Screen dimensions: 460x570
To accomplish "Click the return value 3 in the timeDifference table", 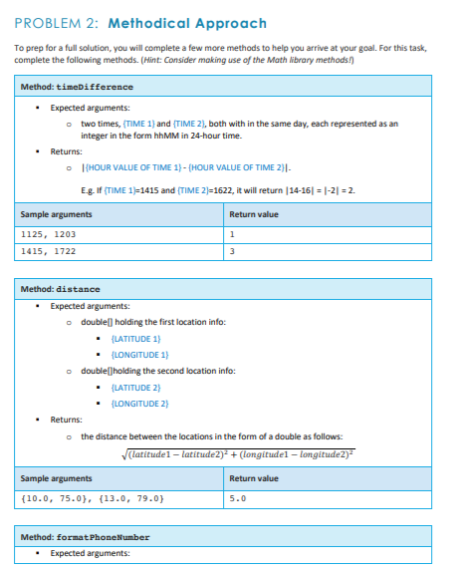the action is coord(232,251).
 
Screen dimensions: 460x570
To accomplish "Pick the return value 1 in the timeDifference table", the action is coord(232,234).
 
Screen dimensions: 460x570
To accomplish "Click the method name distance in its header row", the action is coord(79,289).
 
